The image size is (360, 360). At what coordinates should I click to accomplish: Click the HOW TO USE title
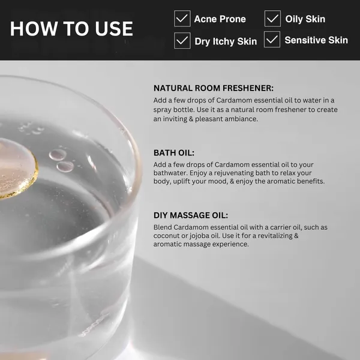tap(71, 29)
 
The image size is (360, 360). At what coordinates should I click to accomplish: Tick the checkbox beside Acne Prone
tap(182, 19)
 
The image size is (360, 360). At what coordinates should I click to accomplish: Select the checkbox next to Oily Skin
tap(272, 19)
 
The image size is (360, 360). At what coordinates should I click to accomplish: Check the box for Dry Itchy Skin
tap(182, 40)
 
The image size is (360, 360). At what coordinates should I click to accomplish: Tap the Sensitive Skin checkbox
tap(272, 39)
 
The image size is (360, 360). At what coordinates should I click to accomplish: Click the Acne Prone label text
tap(220, 19)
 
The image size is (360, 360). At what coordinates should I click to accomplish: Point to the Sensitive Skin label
tap(316, 40)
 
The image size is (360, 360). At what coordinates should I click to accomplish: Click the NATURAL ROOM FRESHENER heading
tap(214, 88)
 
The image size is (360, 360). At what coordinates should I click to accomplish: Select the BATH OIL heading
tap(174, 153)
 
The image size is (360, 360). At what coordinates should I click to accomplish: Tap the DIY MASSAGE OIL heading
tap(191, 215)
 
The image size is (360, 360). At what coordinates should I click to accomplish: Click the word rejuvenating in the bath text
tap(233, 173)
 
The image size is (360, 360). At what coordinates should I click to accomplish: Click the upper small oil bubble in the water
tap(58, 155)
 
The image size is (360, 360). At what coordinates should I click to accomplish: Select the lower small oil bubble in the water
tap(65, 166)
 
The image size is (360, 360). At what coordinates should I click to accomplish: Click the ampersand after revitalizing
tap(296, 236)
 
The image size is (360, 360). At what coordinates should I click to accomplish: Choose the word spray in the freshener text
tap(162, 110)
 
